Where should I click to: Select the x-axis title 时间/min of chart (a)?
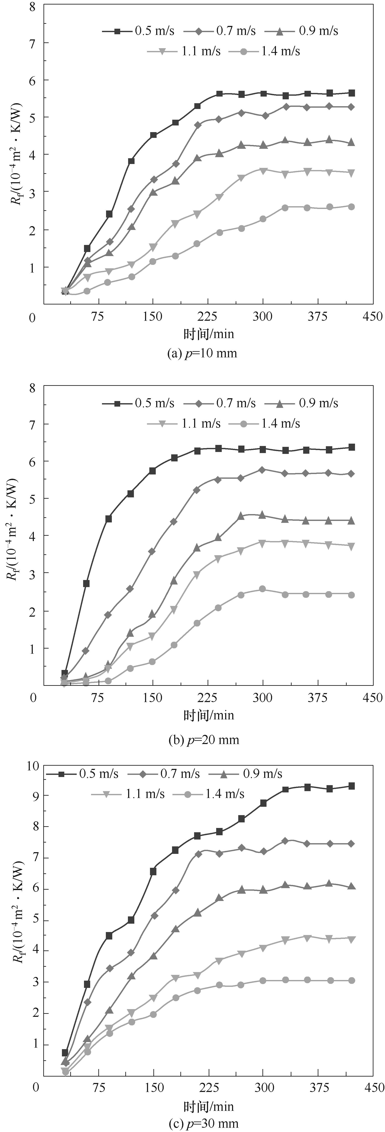209,334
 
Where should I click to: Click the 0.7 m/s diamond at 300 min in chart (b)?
262,470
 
